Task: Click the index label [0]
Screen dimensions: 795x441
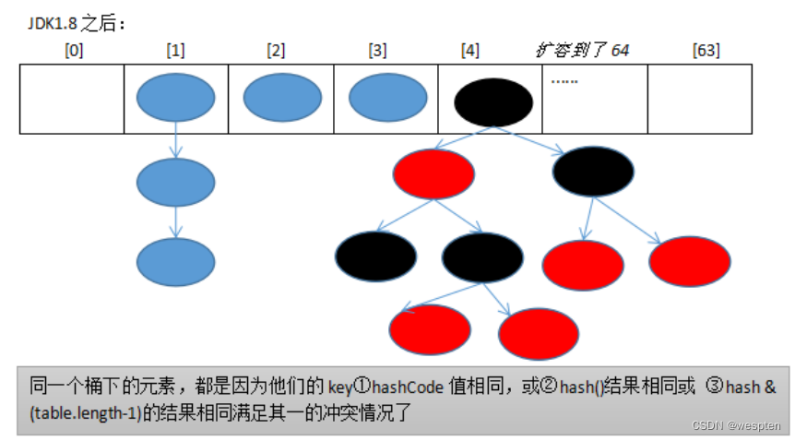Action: [74, 50]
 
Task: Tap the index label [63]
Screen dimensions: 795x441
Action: [706, 50]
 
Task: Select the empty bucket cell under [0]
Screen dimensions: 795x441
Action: [72, 99]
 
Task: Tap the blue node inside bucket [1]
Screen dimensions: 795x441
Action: [175, 97]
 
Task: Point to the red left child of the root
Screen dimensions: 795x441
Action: [433, 173]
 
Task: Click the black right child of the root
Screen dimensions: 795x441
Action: [593, 172]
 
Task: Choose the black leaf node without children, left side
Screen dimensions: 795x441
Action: [375, 256]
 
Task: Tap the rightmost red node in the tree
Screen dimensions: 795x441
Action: [690, 261]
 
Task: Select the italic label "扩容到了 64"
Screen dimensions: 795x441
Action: [582, 50]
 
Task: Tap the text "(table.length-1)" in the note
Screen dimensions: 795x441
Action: [79, 414]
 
